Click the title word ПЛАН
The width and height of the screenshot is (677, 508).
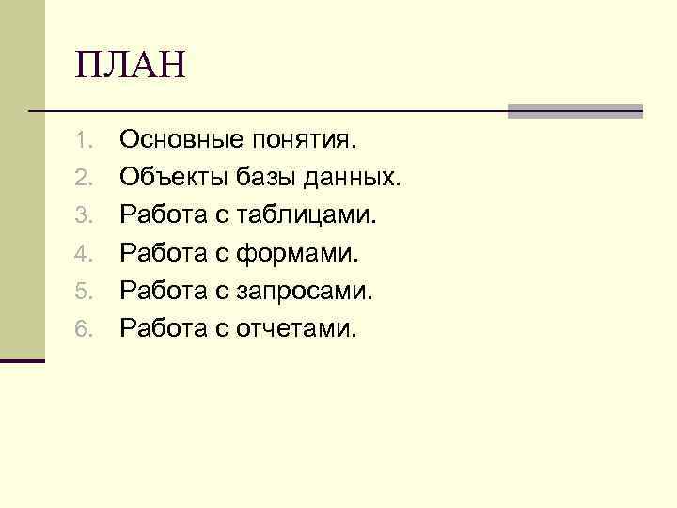133,68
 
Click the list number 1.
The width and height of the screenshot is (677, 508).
82,142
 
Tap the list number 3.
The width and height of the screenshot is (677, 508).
82,217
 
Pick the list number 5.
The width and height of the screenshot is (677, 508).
82,293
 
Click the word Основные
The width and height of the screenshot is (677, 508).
181,141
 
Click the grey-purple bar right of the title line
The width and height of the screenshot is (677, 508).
575,111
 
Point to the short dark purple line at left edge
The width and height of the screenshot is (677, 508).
22,360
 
